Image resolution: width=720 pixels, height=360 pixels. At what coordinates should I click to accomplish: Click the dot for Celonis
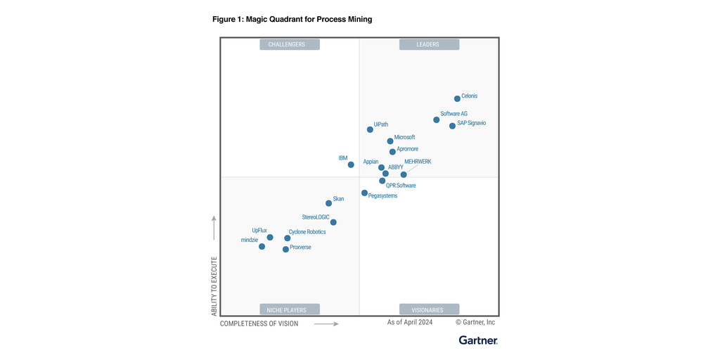point(457,98)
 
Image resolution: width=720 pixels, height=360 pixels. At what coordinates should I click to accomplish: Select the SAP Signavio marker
point(452,126)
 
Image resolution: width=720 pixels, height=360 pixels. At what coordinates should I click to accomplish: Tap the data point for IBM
point(351,165)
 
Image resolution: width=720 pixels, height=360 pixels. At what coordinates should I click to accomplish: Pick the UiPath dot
point(370,129)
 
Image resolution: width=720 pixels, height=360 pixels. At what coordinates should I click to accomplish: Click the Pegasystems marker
point(364,193)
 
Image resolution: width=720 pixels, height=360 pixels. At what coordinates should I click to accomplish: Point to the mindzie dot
point(262,246)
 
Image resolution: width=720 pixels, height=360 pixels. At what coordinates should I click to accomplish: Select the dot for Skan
point(328,203)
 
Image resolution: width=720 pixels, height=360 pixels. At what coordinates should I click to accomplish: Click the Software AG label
point(454,114)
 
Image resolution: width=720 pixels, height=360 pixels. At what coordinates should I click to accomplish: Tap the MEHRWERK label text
point(418,162)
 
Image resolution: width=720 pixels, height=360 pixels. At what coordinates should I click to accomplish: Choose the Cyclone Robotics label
point(307,232)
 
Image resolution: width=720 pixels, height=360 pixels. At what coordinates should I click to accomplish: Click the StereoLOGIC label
point(316,217)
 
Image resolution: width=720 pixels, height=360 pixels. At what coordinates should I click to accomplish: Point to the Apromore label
point(407,149)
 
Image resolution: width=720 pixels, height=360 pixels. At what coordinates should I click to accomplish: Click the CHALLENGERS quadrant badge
point(290,44)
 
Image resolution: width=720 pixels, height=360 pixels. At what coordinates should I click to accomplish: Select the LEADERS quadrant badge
point(429,44)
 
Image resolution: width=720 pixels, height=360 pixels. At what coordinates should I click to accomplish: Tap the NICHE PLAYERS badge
point(290,309)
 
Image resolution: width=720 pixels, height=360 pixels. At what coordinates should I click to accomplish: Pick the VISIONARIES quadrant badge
point(429,309)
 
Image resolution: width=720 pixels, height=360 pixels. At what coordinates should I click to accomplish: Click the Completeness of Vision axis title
point(259,323)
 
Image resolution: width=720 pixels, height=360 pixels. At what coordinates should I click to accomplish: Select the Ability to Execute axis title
point(214,285)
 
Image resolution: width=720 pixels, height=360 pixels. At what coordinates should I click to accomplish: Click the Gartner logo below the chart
point(478,340)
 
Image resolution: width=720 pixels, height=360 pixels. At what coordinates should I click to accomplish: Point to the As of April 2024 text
point(410,322)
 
